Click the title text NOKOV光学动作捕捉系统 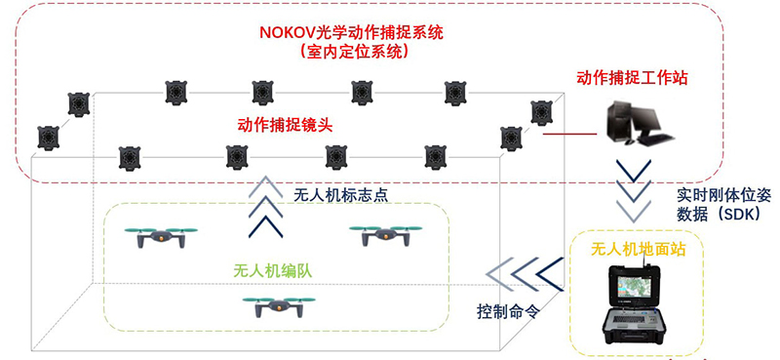tap(352, 31)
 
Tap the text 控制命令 tap(508, 314)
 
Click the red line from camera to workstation tap(569, 134)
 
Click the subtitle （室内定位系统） tap(352, 51)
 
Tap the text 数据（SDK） tap(720, 212)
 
